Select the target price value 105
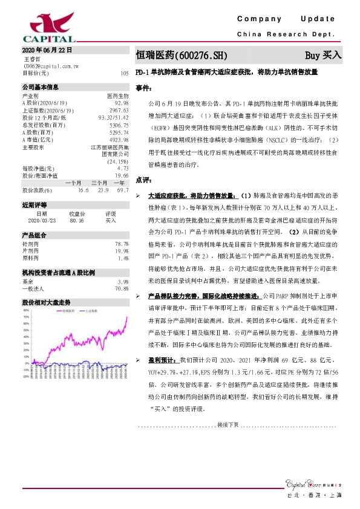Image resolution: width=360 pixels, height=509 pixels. coord(125,73)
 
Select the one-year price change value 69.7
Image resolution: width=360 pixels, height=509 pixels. coord(122,190)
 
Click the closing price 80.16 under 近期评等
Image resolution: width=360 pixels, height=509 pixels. coord(77,221)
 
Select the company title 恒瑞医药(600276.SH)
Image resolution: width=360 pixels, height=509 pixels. coord(181,55)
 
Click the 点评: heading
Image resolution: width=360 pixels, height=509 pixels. coord(143,181)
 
